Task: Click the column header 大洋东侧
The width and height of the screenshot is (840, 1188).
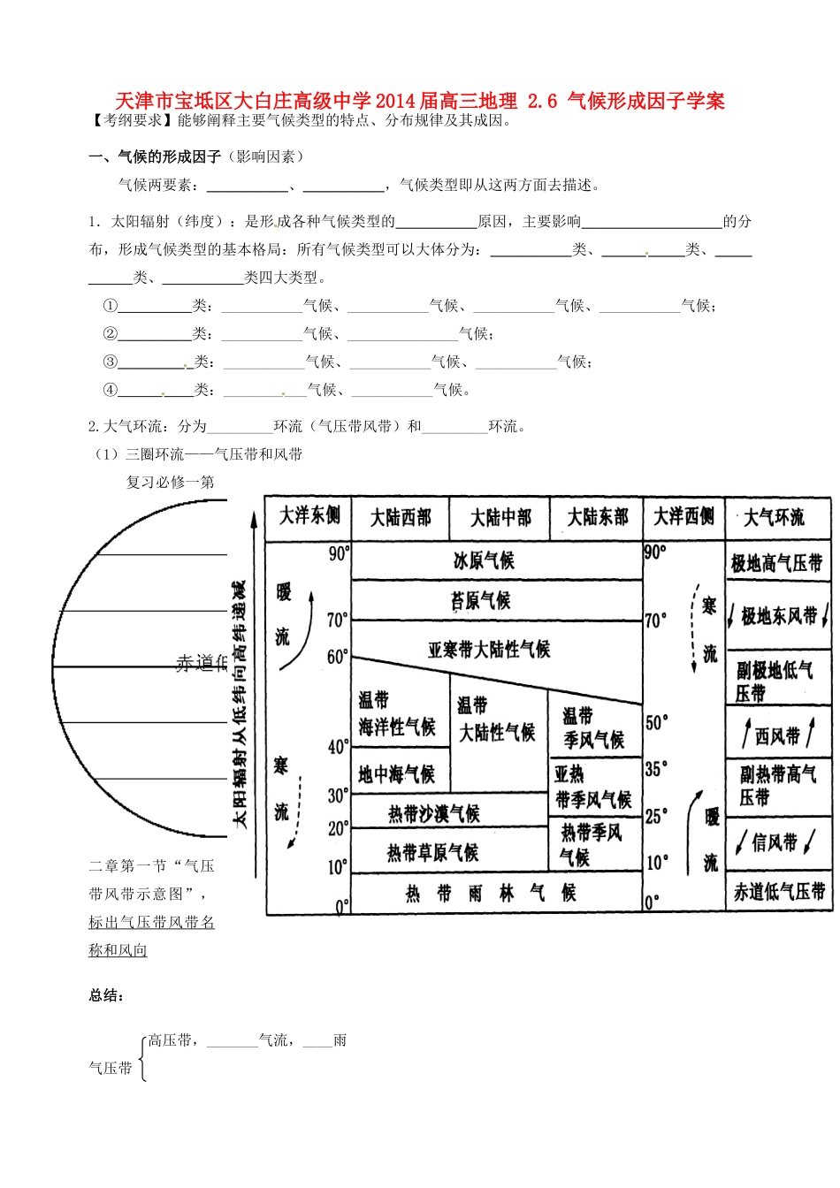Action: click(x=309, y=516)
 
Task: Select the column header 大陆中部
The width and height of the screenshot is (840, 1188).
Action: click(x=500, y=518)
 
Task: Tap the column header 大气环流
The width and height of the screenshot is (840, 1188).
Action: click(x=774, y=518)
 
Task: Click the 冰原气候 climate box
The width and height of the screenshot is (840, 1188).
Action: click(x=483, y=560)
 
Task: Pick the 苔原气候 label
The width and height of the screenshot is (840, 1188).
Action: click(x=481, y=601)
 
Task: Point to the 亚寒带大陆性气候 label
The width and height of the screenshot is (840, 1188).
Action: click(x=489, y=650)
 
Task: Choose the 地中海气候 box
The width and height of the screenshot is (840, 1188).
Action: click(x=397, y=774)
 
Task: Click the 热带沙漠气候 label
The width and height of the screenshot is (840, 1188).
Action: click(x=433, y=813)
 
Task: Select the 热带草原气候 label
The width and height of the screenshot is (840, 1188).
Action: click(x=432, y=853)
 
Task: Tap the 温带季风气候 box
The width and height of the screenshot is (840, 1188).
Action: click(x=594, y=727)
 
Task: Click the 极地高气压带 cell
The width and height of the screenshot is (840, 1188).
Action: click(x=776, y=563)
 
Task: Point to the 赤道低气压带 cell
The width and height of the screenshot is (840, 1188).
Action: click(x=779, y=892)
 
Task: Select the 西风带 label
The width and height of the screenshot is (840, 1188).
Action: click(x=777, y=735)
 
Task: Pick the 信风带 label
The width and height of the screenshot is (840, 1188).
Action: click(x=775, y=842)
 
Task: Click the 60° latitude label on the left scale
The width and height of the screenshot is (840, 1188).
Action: click(x=338, y=657)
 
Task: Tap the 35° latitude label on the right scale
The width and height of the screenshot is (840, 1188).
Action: click(x=656, y=769)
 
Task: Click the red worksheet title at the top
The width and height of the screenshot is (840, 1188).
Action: click(x=420, y=101)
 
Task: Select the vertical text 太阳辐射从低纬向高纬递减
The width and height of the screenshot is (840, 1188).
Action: click(x=240, y=704)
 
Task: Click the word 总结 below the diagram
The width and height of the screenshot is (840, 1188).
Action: click(x=106, y=996)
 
